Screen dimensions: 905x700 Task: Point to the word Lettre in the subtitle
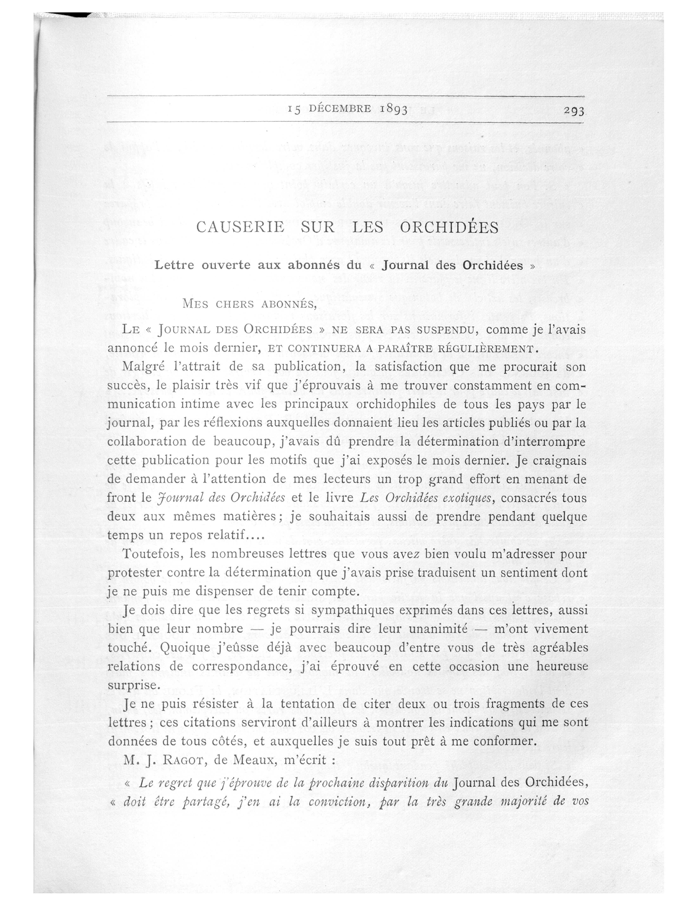(x=174, y=265)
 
